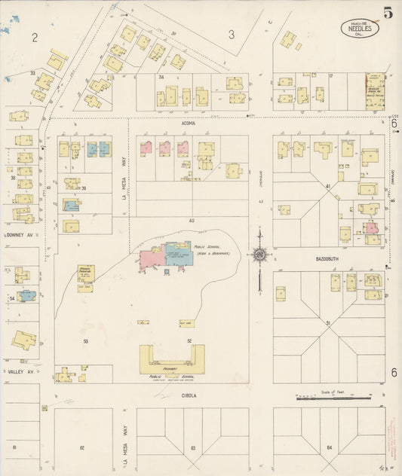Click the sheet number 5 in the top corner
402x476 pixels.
[x=387, y=12]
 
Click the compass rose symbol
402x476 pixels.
[x=259, y=257]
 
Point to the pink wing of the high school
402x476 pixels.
[x=153, y=259]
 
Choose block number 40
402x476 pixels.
[x=192, y=221]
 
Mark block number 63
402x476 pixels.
[x=194, y=447]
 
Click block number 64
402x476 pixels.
[x=329, y=447]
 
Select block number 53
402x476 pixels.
[x=85, y=342]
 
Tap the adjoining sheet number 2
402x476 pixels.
[x=35, y=36]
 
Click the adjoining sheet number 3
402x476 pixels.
[x=232, y=34]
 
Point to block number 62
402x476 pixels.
[x=81, y=447]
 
